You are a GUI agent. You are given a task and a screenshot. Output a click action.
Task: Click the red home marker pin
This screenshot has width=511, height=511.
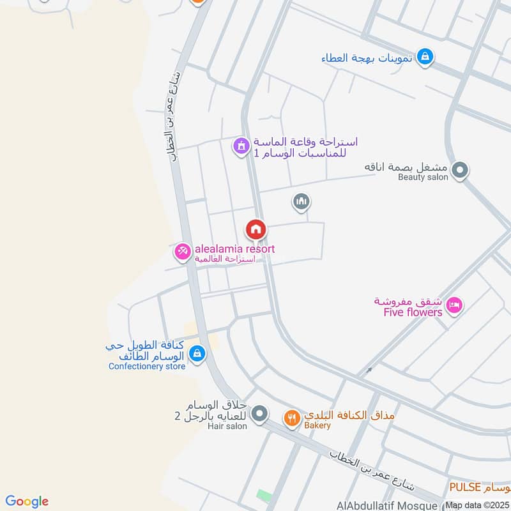(256, 229)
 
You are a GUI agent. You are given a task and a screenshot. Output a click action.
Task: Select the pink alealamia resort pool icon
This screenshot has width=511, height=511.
(182, 252)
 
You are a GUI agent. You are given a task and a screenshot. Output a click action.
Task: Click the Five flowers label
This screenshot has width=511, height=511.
(413, 312)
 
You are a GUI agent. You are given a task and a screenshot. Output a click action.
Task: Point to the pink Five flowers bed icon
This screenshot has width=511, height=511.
(454, 305)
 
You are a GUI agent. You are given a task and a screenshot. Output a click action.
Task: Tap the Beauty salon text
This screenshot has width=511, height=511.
(423, 177)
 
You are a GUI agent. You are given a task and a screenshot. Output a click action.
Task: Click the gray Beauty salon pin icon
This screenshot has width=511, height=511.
(459, 171)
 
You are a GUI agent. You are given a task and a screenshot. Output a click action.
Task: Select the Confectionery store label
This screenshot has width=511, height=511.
(147, 366)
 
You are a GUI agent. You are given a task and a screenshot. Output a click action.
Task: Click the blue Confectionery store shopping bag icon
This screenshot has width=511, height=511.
(197, 353)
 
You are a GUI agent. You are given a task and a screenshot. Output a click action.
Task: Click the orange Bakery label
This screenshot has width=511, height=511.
(317, 425)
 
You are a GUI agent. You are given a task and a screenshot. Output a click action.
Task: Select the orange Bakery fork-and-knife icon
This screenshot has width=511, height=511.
(291, 418)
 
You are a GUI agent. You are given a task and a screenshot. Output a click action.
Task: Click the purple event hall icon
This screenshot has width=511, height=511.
(240, 148)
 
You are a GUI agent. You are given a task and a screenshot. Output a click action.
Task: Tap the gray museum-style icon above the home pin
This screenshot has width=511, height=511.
(301, 202)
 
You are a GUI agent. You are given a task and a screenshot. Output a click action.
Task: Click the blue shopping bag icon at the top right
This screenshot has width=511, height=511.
(424, 57)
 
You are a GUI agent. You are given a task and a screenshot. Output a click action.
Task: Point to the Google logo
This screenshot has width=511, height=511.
(27, 501)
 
